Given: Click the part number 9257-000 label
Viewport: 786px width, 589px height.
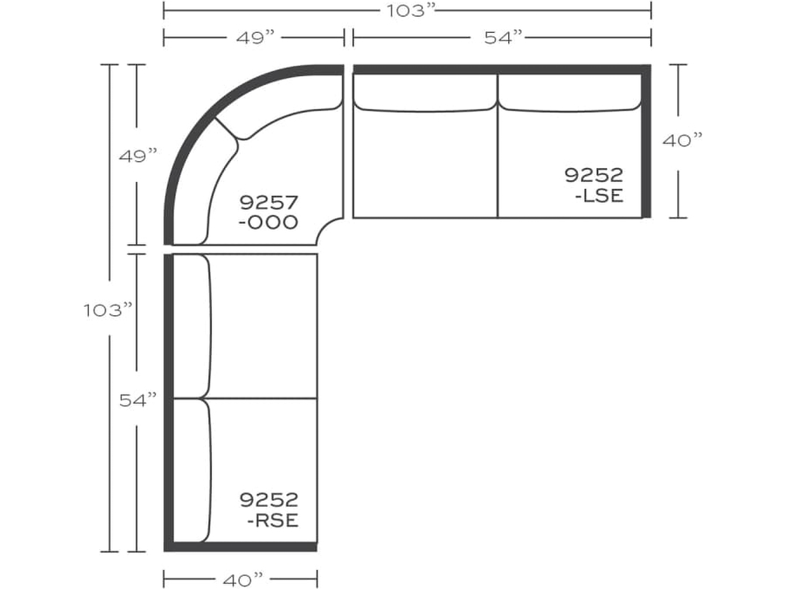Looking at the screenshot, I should click(x=268, y=212).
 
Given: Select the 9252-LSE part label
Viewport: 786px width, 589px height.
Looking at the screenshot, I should click(x=593, y=185).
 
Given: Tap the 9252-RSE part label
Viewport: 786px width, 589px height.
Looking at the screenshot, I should click(x=269, y=510).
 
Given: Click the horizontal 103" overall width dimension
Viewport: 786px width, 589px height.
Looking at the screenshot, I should click(x=407, y=11).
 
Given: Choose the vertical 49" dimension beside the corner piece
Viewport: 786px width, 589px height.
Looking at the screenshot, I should click(x=137, y=156).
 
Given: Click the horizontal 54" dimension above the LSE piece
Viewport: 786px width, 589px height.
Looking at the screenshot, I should click(x=503, y=37).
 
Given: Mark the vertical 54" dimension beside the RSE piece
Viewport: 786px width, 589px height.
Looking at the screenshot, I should click(x=137, y=400).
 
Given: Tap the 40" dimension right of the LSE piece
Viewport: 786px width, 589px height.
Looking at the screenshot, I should click(x=680, y=141).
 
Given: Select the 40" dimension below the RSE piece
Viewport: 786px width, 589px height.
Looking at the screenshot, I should click(x=239, y=576).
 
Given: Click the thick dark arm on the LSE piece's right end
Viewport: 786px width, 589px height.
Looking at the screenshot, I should click(x=646, y=142).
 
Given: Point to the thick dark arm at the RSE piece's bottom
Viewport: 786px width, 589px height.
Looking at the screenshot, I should click(x=240, y=546).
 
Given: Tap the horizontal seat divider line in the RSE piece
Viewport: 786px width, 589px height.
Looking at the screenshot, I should click(x=261, y=398).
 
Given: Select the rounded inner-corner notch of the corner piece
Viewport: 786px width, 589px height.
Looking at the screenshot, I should click(x=335, y=228).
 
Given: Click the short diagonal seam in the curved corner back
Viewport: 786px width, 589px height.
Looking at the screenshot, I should click(x=229, y=129).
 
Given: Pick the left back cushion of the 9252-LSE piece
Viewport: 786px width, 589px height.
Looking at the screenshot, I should click(x=424, y=93).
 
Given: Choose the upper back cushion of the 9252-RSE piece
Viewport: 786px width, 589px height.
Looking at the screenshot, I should click(x=192, y=325).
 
